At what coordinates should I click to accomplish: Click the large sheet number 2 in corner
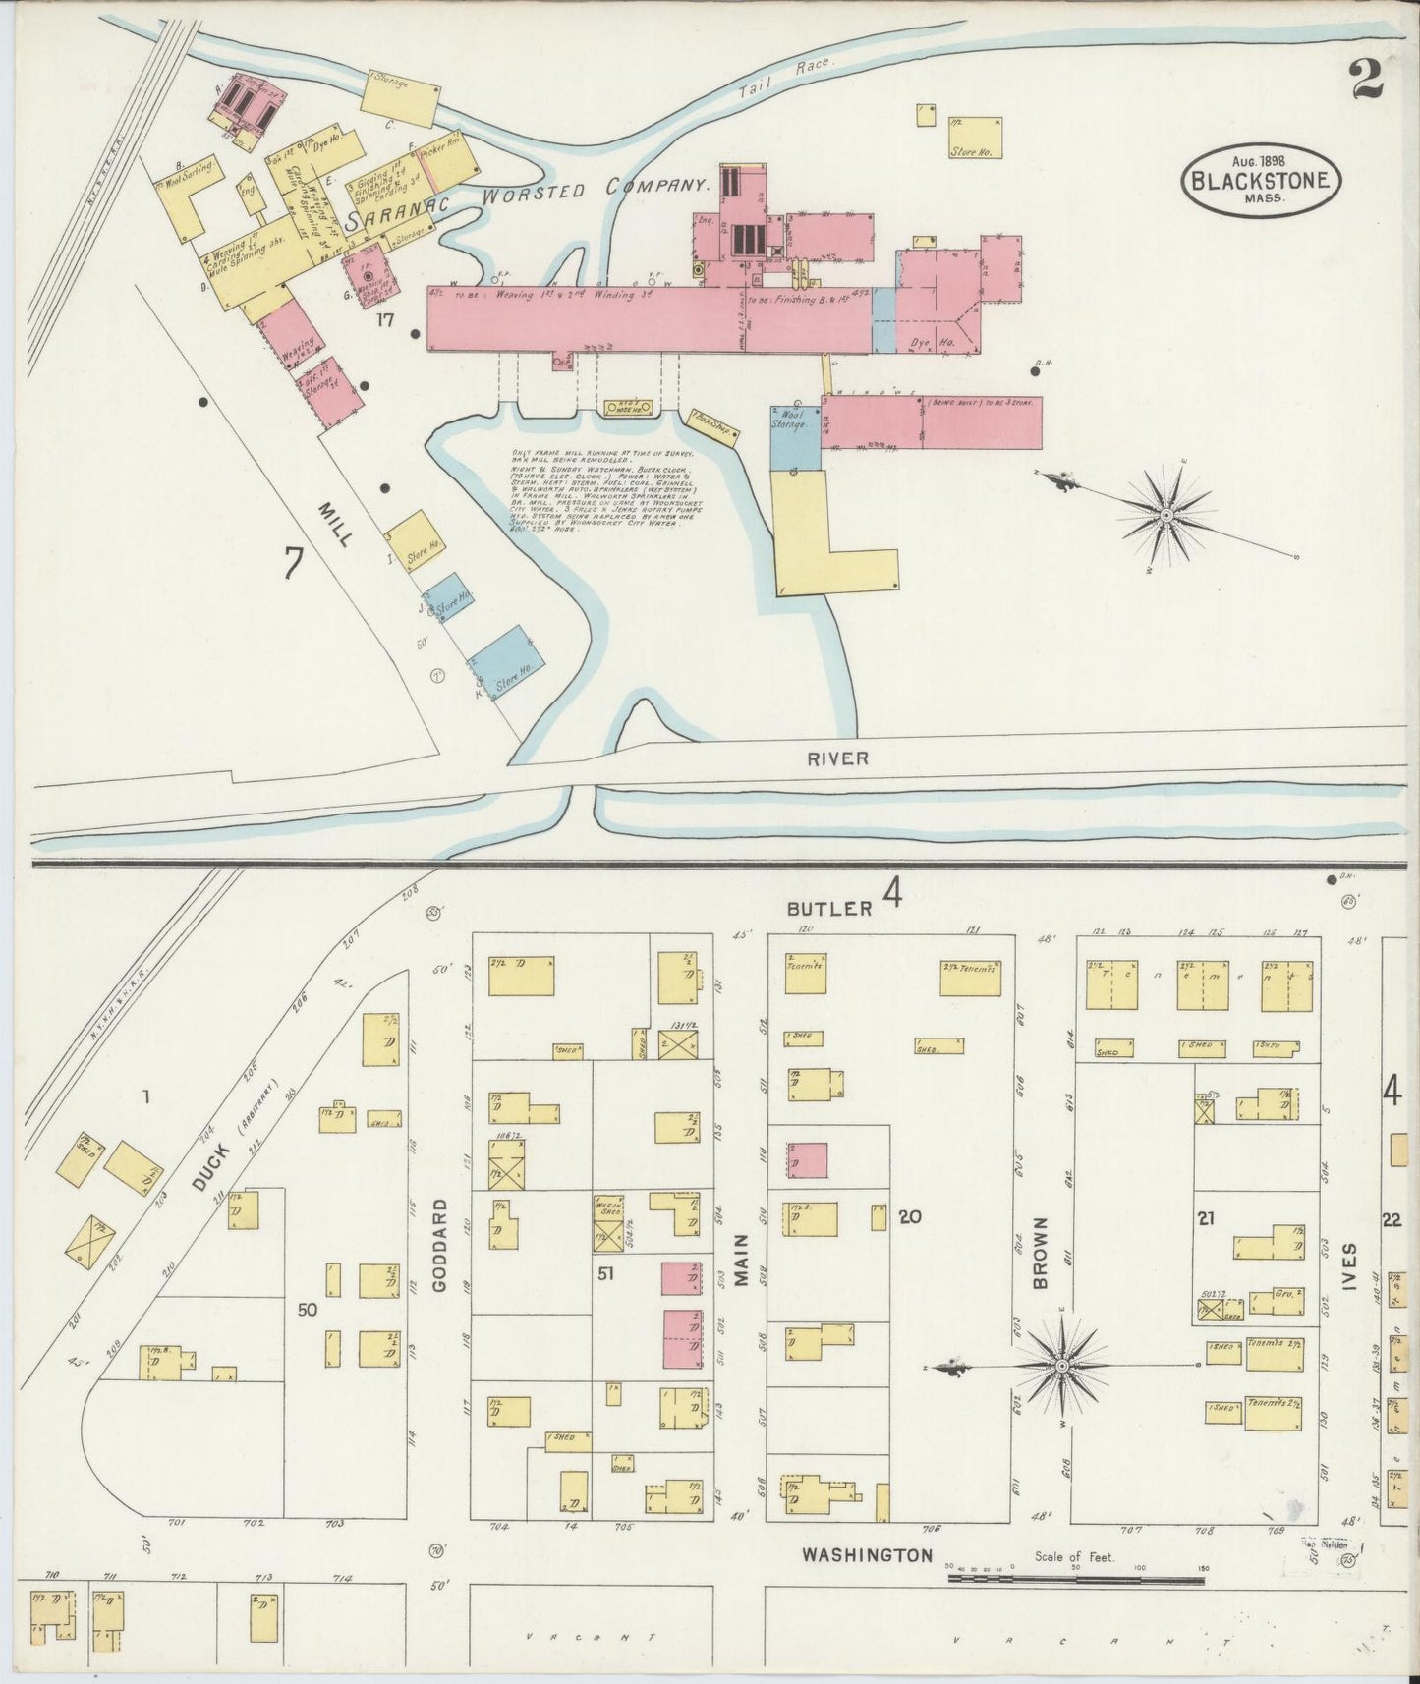(1366, 79)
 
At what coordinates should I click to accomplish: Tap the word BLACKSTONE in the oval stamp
(1261, 181)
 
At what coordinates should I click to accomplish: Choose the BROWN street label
(1042, 1253)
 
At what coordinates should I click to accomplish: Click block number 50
(308, 1309)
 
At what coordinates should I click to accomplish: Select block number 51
(606, 1274)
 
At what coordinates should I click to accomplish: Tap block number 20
(909, 1217)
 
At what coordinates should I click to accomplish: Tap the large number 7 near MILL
(293, 564)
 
